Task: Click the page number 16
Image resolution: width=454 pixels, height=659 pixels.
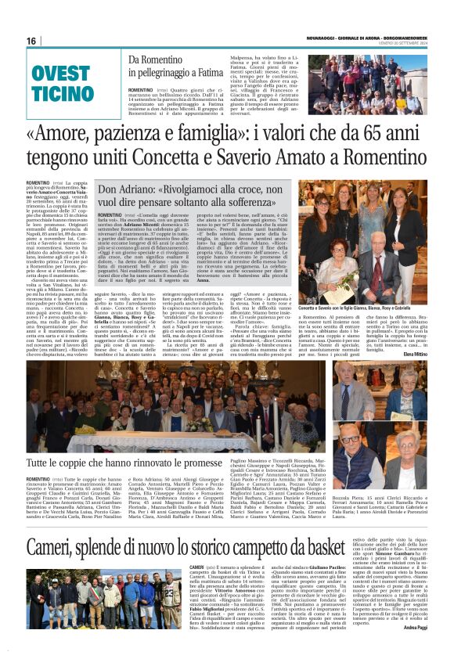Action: click(31, 41)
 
